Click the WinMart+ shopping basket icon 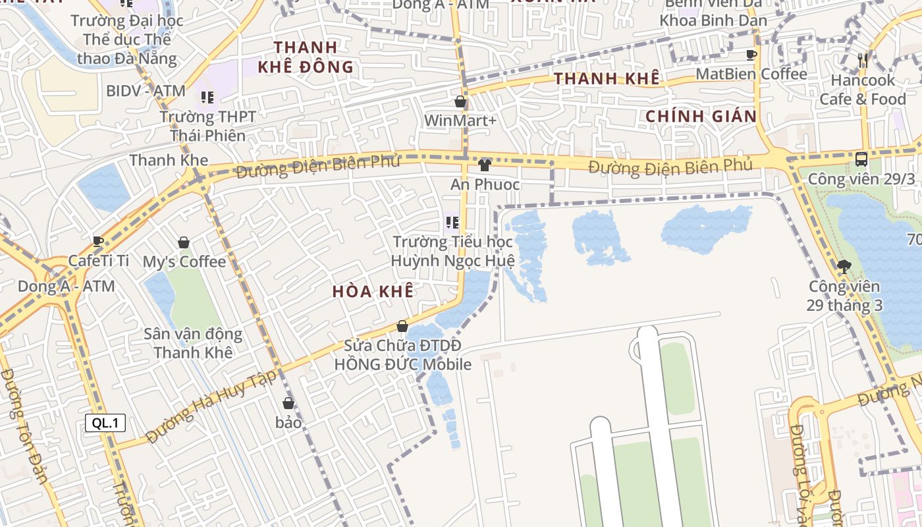click(x=460, y=101)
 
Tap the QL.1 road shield click(x=105, y=423)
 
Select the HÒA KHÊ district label click(x=373, y=291)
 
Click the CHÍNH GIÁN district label click(x=701, y=117)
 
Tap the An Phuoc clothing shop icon click(x=485, y=165)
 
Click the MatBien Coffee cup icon click(x=751, y=55)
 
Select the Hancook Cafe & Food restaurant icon click(x=863, y=61)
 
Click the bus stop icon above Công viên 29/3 click(x=861, y=159)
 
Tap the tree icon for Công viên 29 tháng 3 click(x=844, y=267)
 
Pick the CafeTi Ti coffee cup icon click(x=98, y=241)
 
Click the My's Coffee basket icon click(x=184, y=242)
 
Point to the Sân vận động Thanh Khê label click(x=193, y=343)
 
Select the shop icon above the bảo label click(x=288, y=402)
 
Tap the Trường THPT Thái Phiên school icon click(x=207, y=97)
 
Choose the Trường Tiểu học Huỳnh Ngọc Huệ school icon click(x=452, y=223)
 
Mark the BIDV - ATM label click(x=146, y=91)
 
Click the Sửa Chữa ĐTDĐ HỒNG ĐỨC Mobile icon click(x=402, y=326)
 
